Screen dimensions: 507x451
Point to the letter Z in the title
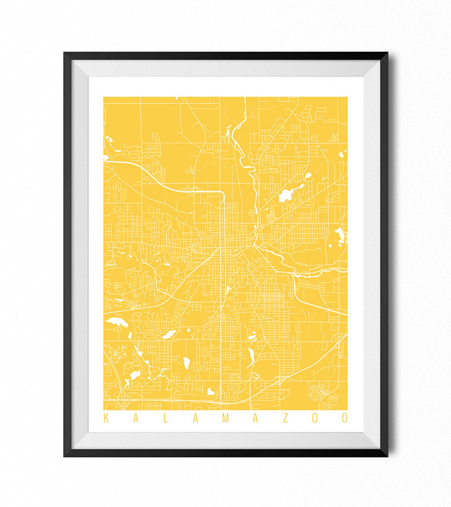pyautogui.click(x=285, y=418)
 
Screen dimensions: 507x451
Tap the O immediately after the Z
pyautogui.click(x=315, y=418)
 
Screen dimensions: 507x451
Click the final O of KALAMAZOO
pyautogui.click(x=344, y=418)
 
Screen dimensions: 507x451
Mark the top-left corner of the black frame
pyautogui.click(x=64, y=53)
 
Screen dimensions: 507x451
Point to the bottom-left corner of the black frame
pyautogui.click(x=64, y=456)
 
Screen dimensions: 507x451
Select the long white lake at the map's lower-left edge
pyautogui.click(x=116, y=322)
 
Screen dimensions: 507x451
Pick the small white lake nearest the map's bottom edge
pyautogui.click(x=210, y=391)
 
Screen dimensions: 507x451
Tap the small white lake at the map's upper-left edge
pyautogui.click(x=108, y=139)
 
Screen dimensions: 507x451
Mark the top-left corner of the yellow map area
pyautogui.click(x=104, y=97)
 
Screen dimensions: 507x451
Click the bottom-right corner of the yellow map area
pyautogui.click(x=347, y=410)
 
